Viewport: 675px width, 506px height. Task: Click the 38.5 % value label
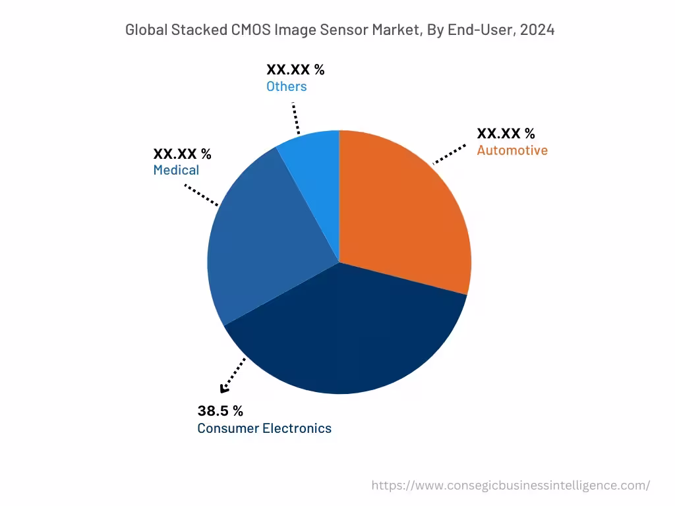pyautogui.click(x=220, y=411)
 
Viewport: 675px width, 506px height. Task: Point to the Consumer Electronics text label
pyautogui.click(x=264, y=428)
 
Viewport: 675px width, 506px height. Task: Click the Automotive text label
pyautogui.click(x=512, y=150)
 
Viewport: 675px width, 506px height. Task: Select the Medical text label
pyautogui.click(x=176, y=171)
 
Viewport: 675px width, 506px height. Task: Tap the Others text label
pyautogui.click(x=286, y=86)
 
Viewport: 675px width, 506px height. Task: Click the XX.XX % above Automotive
pyautogui.click(x=506, y=134)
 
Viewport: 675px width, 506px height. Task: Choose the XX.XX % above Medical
pyautogui.click(x=182, y=154)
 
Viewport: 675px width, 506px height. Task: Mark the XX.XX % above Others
pyautogui.click(x=295, y=70)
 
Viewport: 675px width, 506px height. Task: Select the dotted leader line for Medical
pyautogui.click(x=201, y=195)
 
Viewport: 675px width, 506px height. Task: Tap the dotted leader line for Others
pyautogui.click(x=295, y=117)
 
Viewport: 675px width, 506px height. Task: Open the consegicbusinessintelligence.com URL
pyautogui.click(x=510, y=486)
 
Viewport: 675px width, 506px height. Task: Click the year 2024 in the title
pyautogui.click(x=536, y=30)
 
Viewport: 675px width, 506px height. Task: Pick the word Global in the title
pyautogui.click(x=145, y=30)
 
